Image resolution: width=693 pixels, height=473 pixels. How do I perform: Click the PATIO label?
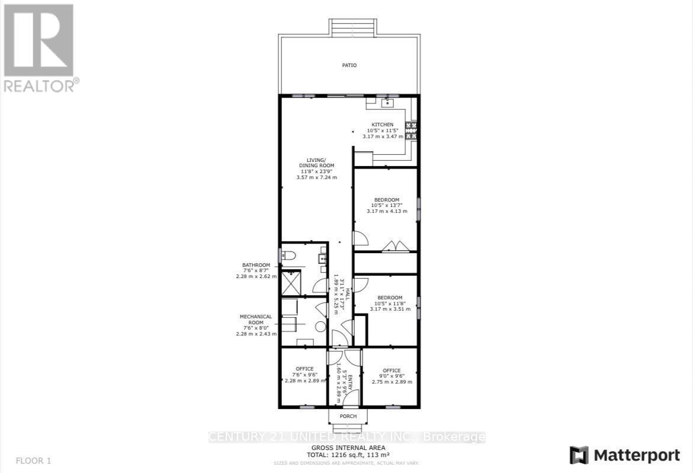click(349, 65)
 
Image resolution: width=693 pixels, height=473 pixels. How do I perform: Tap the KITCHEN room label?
click(382, 124)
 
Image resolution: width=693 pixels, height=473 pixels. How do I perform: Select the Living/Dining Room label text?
click(316, 162)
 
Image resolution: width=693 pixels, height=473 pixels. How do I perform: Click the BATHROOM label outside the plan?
click(256, 265)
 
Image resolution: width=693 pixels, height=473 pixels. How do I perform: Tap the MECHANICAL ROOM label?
click(255, 320)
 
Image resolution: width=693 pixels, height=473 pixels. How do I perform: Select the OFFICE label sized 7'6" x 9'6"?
click(304, 369)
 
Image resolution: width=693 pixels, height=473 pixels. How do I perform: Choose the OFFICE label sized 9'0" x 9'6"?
click(391, 370)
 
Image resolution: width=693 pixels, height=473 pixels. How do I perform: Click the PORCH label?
click(348, 416)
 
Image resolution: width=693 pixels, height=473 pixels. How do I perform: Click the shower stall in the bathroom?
click(291, 283)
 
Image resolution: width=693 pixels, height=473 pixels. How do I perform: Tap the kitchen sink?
click(387, 103)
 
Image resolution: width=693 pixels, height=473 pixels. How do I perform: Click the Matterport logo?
click(625, 455)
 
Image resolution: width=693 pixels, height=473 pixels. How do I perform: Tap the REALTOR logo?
click(39, 47)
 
